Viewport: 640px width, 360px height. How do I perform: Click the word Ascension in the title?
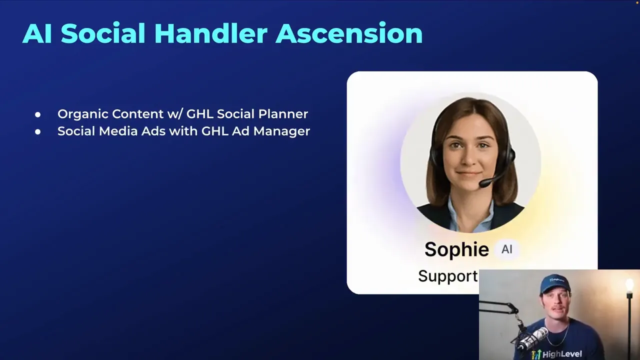348,33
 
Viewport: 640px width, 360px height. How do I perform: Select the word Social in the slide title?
103,33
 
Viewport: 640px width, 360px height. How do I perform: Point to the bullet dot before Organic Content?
37,114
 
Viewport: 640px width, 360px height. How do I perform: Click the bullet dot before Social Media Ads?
37,132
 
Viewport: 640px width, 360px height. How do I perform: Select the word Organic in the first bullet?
82,114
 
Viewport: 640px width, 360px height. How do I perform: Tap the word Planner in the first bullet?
283,114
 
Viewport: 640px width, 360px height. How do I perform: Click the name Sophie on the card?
456,249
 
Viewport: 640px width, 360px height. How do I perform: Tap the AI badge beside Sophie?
507,249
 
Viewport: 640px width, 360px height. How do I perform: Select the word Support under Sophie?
447,276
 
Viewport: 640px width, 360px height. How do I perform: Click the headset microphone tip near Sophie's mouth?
483,184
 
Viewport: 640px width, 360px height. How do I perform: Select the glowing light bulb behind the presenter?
629,286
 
